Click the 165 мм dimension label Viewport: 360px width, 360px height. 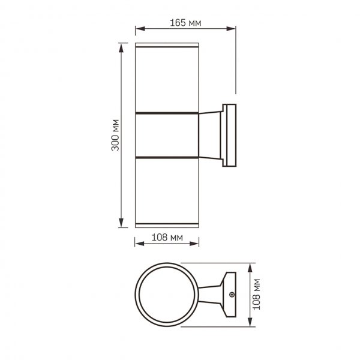[x=185, y=22]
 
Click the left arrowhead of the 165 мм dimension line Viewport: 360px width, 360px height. [x=137, y=28]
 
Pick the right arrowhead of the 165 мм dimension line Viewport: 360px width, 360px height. [x=233, y=28]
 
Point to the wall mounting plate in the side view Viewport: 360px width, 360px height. [x=231, y=135]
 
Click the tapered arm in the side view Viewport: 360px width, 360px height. [x=210, y=135]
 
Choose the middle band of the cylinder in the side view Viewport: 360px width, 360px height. [x=167, y=135]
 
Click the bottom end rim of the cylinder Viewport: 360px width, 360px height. [x=167, y=227]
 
